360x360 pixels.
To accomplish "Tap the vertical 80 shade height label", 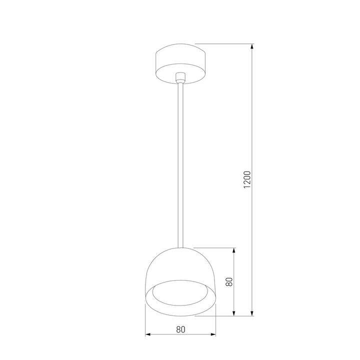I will point(229,281).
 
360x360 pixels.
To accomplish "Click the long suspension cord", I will point(180,165).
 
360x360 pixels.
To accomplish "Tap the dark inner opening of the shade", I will point(180,295).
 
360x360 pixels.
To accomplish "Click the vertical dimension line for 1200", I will point(253,125).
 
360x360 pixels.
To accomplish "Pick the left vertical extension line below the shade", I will point(145,320).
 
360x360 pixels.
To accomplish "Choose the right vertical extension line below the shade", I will point(216,320).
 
